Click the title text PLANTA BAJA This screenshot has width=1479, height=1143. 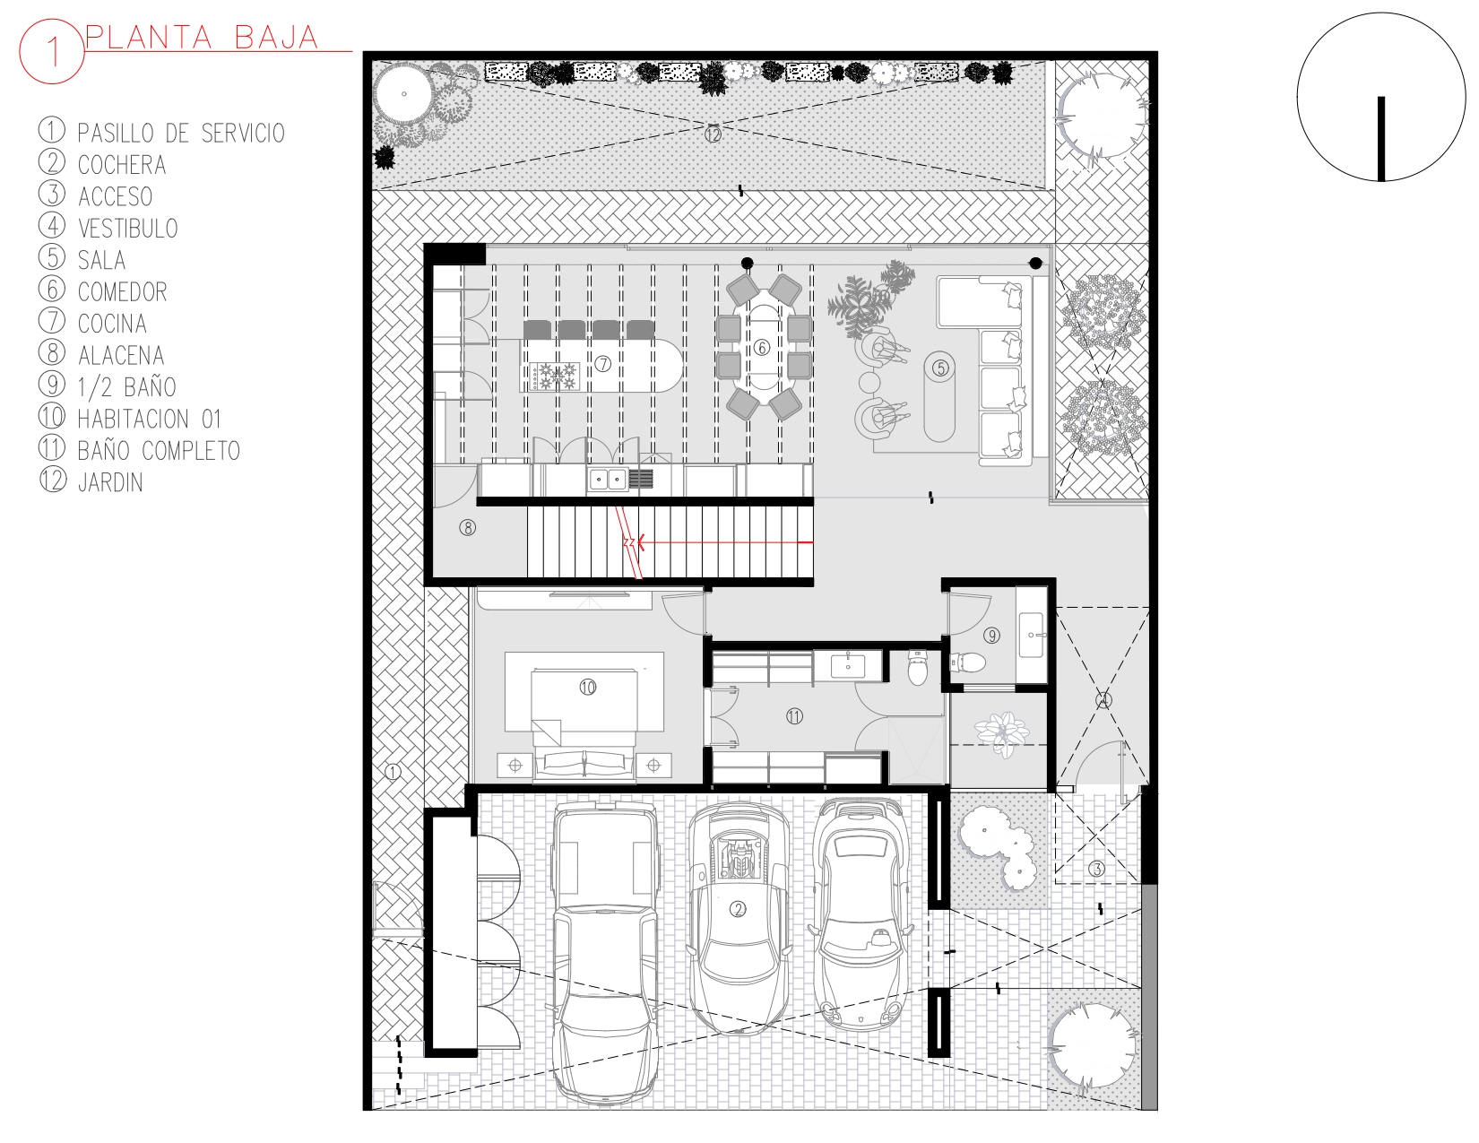[203, 38]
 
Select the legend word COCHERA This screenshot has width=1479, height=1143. [122, 165]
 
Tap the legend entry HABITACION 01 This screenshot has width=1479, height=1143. [150, 419]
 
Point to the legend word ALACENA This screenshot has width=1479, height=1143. [121, 355]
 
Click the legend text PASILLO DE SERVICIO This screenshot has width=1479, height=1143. [181, 133]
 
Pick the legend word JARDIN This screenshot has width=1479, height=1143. [110, 482]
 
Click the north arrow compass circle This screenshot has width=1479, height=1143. [1380, 98]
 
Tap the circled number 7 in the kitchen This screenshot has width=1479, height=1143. [602, 364]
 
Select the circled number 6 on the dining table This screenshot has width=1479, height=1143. [762, 348]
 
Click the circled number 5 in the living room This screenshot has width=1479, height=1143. [940, 368]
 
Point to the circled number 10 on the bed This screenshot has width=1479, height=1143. [587, 687]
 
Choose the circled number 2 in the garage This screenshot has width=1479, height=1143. [738, 909]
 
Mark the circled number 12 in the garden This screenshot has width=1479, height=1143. [713, 134]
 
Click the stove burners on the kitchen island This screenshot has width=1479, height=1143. [556, 376]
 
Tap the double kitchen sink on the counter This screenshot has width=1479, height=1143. [608, 480]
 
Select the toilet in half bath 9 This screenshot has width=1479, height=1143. [967, 662]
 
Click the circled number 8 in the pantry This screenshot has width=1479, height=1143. [468, 528]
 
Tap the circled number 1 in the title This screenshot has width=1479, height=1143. [52, 51]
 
